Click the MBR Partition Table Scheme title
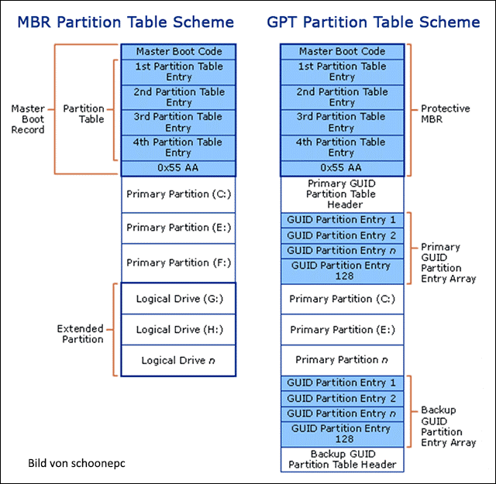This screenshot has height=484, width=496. pyautogui.click(x=126, y=22)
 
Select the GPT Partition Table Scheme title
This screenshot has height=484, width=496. pyautogui.click(x=374, y=22)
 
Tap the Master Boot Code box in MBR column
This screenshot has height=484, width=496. pyautogui.click(x=178, y=52)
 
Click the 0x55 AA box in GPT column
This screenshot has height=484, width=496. pyautogui.click(x=342, y=168)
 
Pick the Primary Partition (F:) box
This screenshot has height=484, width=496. pyautogui.click(x=178, y=263)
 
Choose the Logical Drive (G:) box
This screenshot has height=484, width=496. pyautogui.click(x=178, y=299)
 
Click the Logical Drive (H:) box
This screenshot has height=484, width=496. pyautogui.click(x=178, y=330)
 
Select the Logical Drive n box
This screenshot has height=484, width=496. pyautogui.click(x=178, y=361)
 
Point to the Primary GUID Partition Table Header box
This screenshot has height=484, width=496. pyautogui.click(x=342, y=194)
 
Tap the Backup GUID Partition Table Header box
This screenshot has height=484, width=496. pyautogui.click(x=342, y=459)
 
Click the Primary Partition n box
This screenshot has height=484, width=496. pyautogui.click(x=342, y=360)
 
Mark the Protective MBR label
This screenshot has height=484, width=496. pyautogui.click(x=445, y=114)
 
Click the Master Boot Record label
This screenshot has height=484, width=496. pyautogui.click(x=28, y=119)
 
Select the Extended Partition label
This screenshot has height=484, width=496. pyautogui.click(x=81, y=334)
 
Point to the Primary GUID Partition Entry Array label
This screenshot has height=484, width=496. pyautogui.click(x=448, y=263)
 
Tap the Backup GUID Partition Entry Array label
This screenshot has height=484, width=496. pyautogui.click(x=448, y=426)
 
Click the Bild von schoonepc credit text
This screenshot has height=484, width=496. pyautogui.click(x=77, y=463)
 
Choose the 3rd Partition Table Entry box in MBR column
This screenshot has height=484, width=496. pyautogui.click(x=178, y=122)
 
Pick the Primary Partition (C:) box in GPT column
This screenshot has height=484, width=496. pyautogui.click(x=342, y=299)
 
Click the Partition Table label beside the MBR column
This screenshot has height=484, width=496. pyautogui.click(x=84, y=114)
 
